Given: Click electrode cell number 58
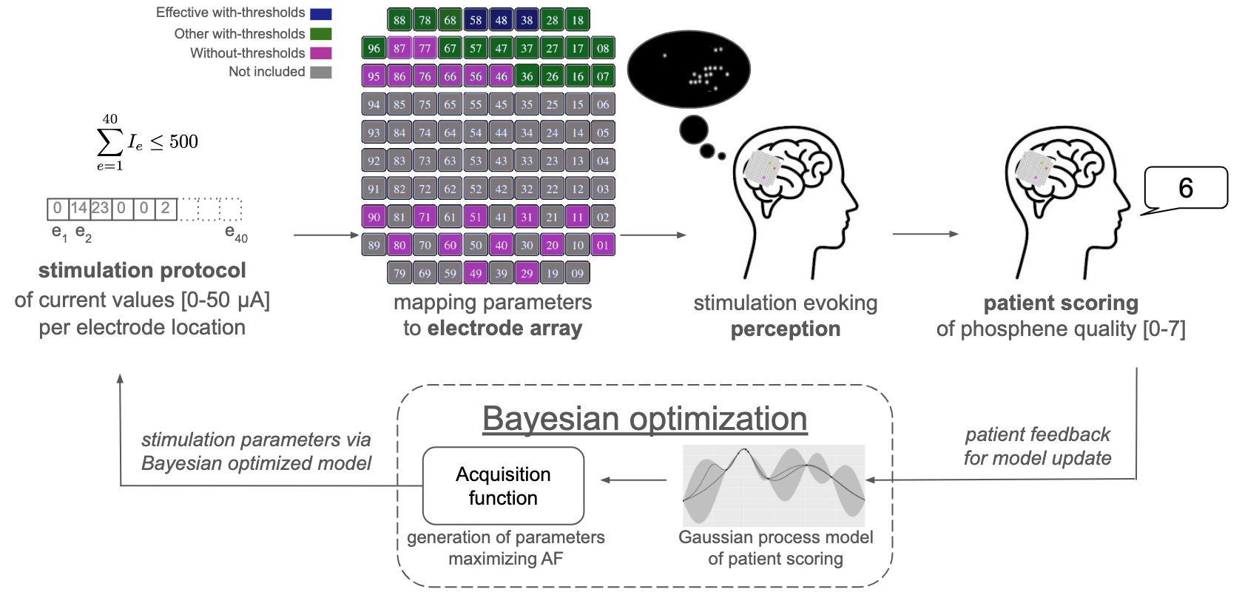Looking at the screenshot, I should coord(476,20).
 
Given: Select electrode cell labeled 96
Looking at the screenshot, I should coord(374,48).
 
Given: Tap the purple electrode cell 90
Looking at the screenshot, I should coord(374,217).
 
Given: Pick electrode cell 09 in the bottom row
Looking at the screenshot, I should coord(578,273).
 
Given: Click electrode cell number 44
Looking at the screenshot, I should coord(501,132).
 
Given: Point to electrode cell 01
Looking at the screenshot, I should coord(603,245).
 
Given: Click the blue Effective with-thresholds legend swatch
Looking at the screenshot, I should coord(321,13).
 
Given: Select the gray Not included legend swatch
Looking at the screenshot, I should coord(321,72).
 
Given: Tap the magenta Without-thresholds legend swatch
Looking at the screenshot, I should coord(321,53).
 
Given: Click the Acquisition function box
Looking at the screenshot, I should coord(503,485).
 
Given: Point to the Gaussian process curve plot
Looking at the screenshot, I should coord(773,485).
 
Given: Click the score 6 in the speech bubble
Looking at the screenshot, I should coord(1185,188).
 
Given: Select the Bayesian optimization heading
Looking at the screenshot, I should coord(644,419).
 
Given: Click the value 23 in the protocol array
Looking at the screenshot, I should coord(100,209).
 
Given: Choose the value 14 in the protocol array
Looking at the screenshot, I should coord(78,209).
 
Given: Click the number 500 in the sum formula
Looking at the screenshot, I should coord(183,141).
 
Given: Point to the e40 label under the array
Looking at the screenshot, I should coord(236,234).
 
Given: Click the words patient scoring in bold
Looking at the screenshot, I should coord(1060,303).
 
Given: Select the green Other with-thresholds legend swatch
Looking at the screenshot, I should coord(321,34).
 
